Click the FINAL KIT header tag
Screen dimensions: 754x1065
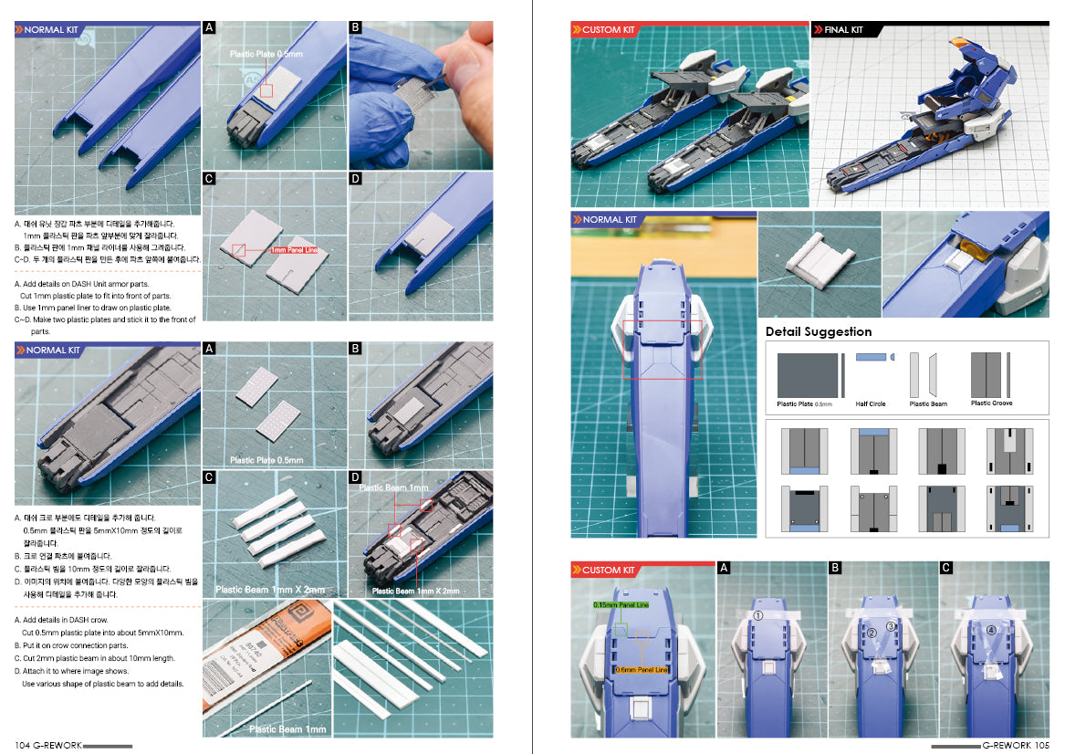point(845,30)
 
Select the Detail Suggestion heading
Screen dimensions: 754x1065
point(818,331)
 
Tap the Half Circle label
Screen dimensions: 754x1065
point(870,403)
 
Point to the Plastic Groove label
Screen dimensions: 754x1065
point(991,403)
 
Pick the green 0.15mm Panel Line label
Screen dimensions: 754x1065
point(621,604)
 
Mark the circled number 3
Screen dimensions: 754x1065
point(890,625)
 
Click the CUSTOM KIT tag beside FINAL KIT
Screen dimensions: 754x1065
point(608,30)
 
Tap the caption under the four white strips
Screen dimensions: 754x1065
point(271,590)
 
